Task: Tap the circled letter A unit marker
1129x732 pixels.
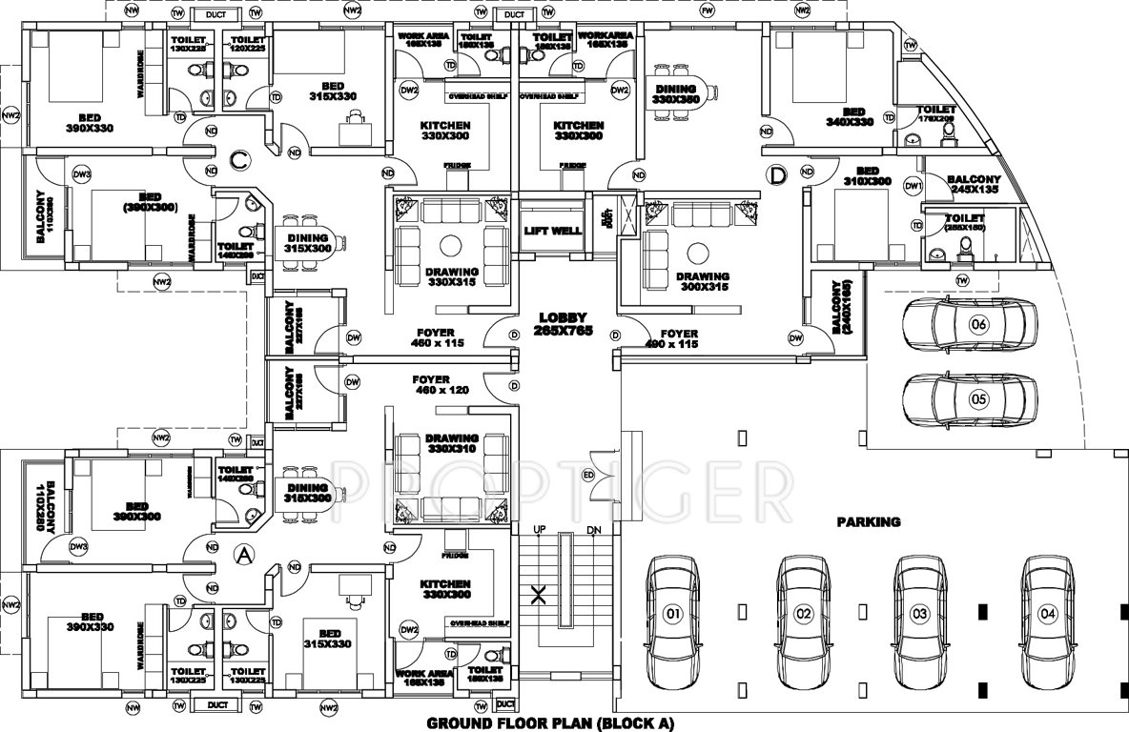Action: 244,552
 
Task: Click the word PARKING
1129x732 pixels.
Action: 868,522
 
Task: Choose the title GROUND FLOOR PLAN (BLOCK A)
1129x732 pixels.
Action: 551,722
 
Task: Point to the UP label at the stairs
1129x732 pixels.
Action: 539,529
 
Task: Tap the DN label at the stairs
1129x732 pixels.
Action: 593,529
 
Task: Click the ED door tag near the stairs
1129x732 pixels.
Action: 588,475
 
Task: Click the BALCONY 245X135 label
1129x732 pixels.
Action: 974,184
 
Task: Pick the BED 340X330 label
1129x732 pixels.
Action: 852,117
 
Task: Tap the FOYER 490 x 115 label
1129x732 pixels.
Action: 671,338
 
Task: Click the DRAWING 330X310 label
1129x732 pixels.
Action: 451,443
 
